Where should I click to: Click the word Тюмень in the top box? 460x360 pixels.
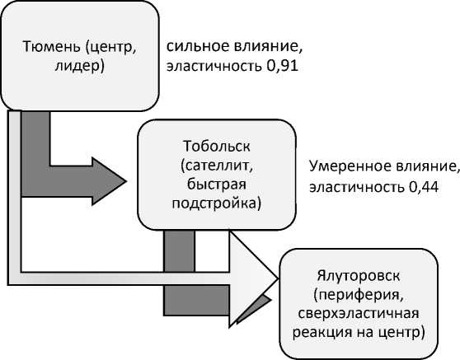pos(51,46)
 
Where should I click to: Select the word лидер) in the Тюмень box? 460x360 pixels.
pos(79,66)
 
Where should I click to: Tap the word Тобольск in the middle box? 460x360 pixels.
pos(217,146)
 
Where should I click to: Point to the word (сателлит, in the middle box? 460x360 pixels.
pos(217,166)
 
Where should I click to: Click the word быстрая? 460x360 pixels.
pos(217,185)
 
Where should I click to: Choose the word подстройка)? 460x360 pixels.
pos(217,203)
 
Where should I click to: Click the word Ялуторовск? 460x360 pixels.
pos(359,276)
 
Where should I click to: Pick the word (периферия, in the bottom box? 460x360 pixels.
pos(359,295)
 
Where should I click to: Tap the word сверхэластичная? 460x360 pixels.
pos(359,314)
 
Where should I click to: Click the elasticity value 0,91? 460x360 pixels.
pos(282,66)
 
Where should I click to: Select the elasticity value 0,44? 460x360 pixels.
pos(423,187)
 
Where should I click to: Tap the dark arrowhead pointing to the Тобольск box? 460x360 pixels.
pos(109,181)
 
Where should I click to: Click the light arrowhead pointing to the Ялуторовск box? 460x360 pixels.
pos(253,278)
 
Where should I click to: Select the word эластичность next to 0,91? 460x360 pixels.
pos(214,67)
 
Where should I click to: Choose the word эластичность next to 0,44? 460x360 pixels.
pos(356,187)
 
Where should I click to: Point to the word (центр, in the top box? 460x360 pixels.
pos(110,47)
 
